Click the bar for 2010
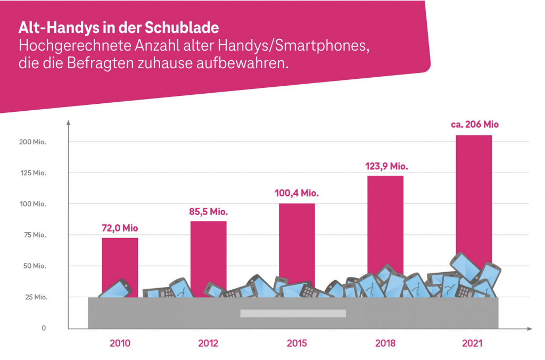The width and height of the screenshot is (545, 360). click(x=120, y=258)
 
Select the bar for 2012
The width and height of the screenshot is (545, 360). click(x=208, y=248)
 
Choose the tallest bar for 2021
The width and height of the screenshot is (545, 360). click(x=474, y=192)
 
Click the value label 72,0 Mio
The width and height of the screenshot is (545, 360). click(x=120, y=228)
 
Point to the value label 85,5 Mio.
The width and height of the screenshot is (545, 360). click(x=208, y=211)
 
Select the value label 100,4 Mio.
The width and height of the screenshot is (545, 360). click(x=296, y=193)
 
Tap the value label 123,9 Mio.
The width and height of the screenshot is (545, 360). click(x=385, y=166)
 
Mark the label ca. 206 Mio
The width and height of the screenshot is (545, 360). click(x=474, y=125)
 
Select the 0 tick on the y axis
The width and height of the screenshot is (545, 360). click(x=44, y=328)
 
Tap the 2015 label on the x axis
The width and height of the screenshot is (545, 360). click(x=296, y=343)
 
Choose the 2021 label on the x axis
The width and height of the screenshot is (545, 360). click(x=472, y=343)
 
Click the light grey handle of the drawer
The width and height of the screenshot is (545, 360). click(x=293, y=313)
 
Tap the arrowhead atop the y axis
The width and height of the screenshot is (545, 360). click(x=69, y=124)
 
